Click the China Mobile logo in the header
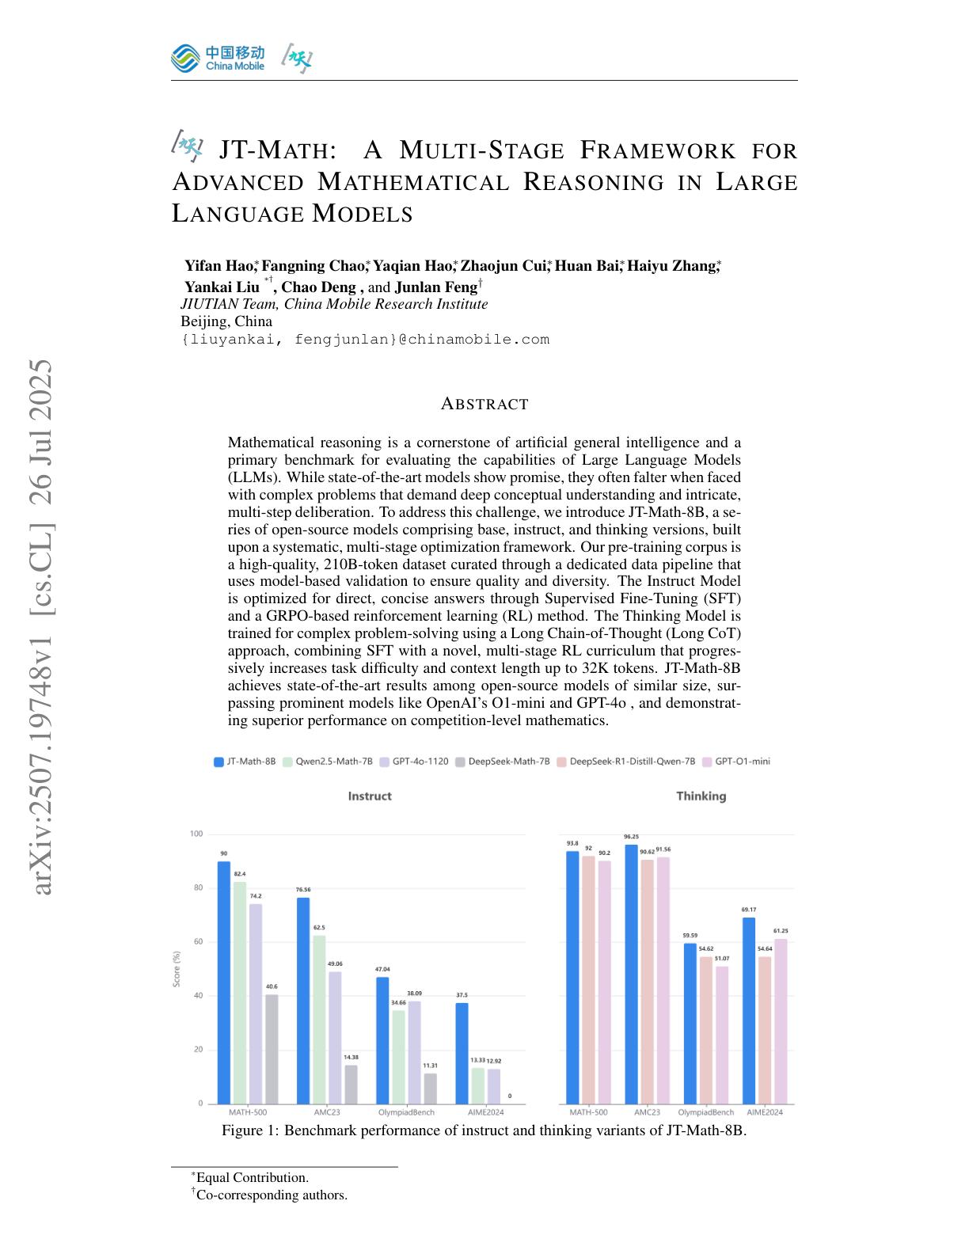coord(217,58)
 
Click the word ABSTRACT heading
coord(484,404)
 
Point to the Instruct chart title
coord(370,796)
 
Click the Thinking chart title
coord(701,796)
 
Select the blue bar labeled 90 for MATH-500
coord(224,982)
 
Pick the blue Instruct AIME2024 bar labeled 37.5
coord(462,1053)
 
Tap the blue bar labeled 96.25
coord(631,974)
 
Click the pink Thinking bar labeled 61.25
coord(781,1021)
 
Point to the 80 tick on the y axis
coord(196,887)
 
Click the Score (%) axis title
coord(177,968)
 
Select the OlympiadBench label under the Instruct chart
coord(405,1112)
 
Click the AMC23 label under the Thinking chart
coord(647,1112)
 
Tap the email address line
coord(365,340)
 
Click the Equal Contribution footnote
coord(252,1177)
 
